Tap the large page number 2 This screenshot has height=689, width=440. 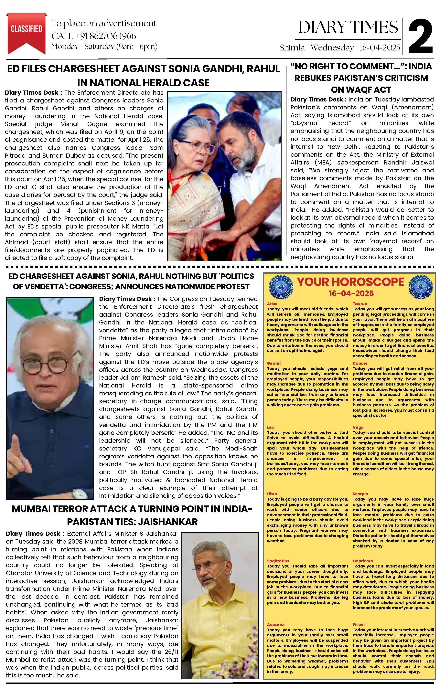(420, 36)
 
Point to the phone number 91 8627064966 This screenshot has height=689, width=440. (108, 36)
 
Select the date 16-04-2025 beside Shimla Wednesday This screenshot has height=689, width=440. (379, 48)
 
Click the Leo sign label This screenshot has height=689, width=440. (270, 427)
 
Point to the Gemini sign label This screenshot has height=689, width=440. (274, 363)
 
